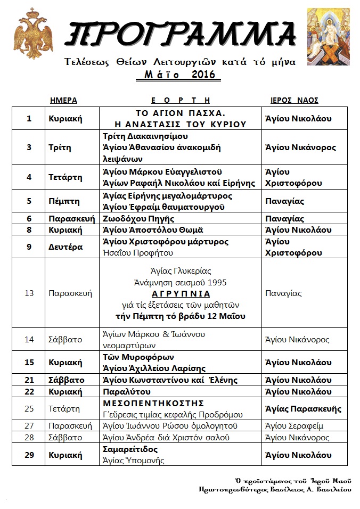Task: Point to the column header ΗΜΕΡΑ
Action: [63, 100]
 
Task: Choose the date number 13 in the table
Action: [29, 293]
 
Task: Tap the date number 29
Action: [29, 455]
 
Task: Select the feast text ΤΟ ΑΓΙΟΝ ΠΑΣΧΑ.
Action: [179, 113]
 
